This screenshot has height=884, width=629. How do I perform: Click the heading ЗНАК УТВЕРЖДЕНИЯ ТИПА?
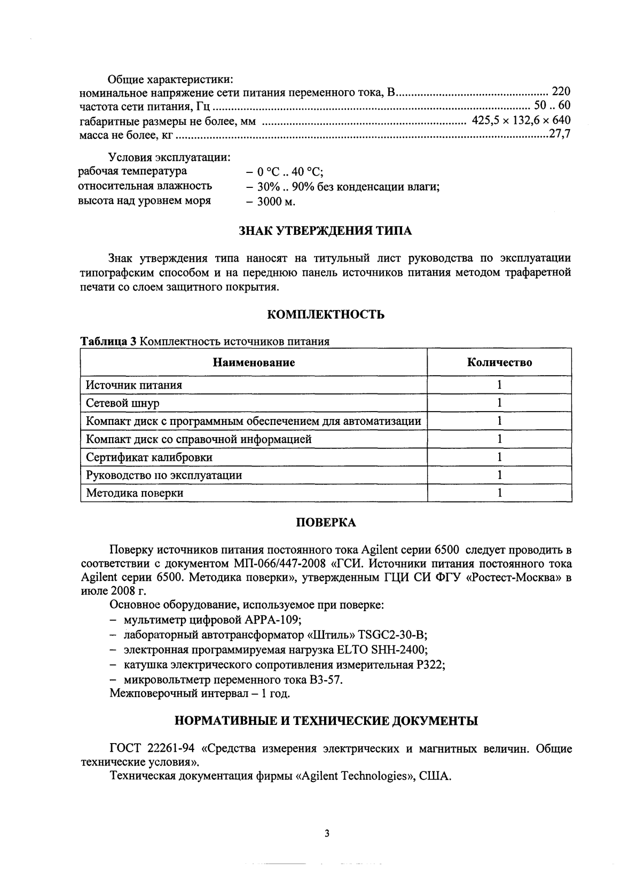click(x=325, y=231)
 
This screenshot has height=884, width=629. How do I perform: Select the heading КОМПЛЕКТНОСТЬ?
click(x=325, y=314)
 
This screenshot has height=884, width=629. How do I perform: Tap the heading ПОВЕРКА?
click(x=326, y=523)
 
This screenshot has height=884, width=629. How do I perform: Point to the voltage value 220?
click(x=561, y=91)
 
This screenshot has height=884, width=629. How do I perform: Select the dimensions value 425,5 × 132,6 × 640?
click(x=521, y=120)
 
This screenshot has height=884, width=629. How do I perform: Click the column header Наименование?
click(x=254, y=363)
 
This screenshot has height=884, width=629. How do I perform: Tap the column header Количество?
click(x=499, y=363)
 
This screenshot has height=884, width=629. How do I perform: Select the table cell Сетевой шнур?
click(x=123, y=403)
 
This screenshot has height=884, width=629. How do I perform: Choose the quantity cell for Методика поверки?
click(x=499, y=493)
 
